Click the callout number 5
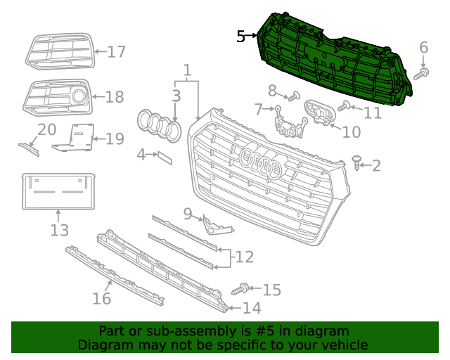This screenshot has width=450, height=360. point(241,37)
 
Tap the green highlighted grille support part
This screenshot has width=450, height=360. point(330,60)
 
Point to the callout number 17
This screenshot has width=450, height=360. point(115,51)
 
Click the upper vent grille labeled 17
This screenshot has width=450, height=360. point(59,51)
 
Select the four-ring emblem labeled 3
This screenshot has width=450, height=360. point(159,124)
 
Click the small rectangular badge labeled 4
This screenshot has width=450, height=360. point(164,156)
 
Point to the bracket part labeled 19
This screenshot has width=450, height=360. point(77,136)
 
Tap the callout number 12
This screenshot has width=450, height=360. point(244,257)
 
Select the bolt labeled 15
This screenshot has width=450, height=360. point(241,288)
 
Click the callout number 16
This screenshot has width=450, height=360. point(102,299)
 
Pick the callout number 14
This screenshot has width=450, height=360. point(251,308)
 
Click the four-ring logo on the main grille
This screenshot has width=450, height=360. point(260,163)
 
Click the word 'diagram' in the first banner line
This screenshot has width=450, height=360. point(323,331)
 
